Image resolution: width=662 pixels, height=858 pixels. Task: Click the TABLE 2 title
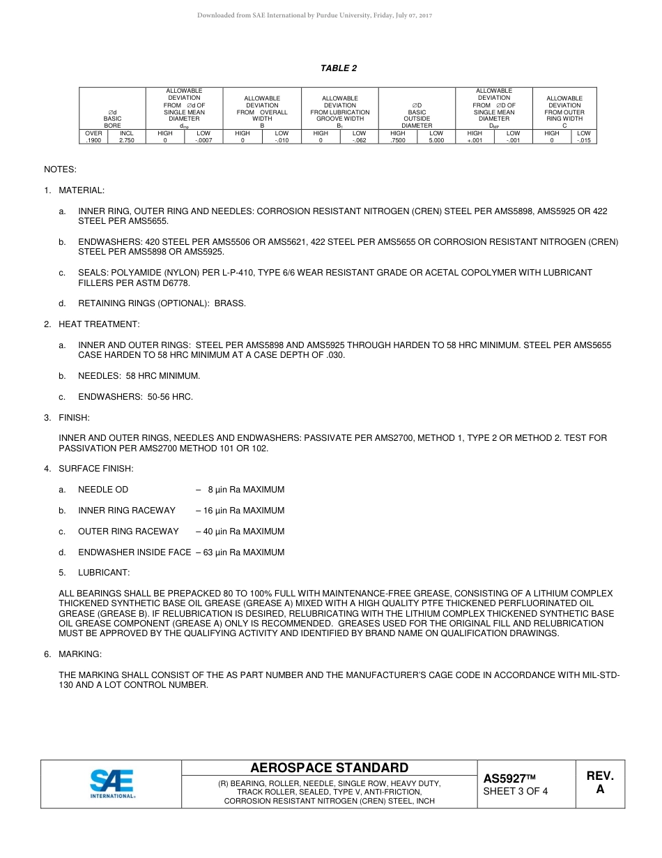pos(339,68)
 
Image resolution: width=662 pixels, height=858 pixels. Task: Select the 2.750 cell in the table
pos(127,140)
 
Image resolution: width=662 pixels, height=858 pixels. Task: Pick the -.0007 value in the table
pos(203,140)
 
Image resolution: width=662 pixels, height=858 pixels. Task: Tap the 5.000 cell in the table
pos(436,140)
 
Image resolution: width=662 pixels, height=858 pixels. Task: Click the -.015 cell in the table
pos(583,140)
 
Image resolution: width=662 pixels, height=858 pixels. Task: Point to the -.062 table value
pos(359,140)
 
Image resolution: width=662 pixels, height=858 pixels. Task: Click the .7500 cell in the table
pos(398,140)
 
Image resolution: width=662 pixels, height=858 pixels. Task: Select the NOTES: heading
pos(60,170)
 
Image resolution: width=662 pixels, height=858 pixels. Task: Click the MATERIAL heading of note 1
pos(82,190)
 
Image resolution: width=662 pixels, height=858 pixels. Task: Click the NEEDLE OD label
pos(103,490)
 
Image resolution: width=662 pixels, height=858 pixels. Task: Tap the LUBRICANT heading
pos(104,573)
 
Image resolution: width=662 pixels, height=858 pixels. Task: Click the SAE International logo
pos(111,783)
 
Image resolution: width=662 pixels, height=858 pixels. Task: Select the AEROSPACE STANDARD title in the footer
pos(329,768)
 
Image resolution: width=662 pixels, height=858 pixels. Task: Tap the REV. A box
pos(600,783)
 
